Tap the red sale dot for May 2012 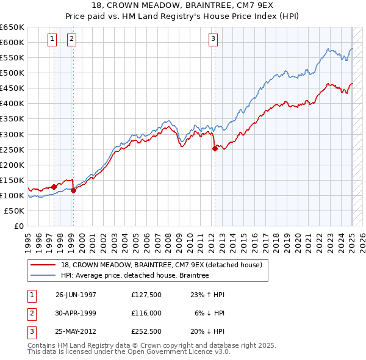(x=215, y=148)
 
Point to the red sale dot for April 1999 (x=73, y=190)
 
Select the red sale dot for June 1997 (x=54, y=187)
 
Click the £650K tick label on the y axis (x=12, y=27)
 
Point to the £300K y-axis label (x=12, y=134)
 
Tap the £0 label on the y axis (x=18, y=226)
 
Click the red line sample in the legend (x=43, y=265)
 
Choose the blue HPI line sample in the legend (x=43, y=276)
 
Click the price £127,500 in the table (x=146, y=295)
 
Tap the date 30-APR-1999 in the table (x=76, y=312)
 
